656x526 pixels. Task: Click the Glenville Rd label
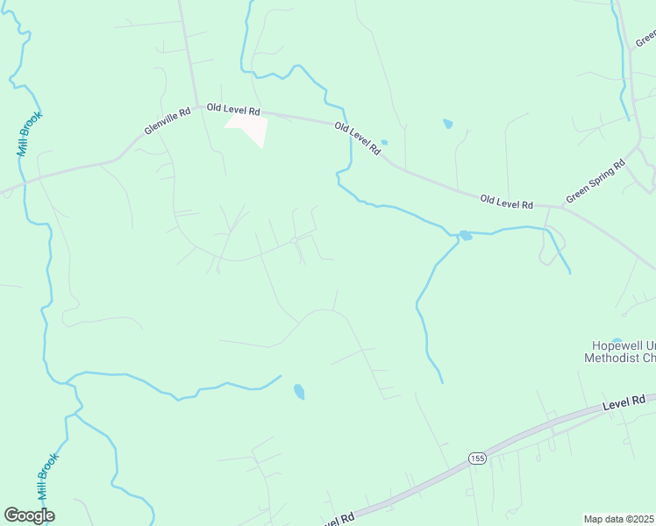coord(168,121)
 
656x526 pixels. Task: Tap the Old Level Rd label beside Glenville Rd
coord(233,110)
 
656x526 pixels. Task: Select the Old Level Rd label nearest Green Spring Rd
coord(506,203)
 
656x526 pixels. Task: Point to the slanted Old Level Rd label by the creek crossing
coord(357,139)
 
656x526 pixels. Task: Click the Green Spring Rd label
coord(595,181)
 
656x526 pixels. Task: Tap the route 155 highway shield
coord(476,458)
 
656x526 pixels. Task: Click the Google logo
coord(29,515)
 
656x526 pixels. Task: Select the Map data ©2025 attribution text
coord(619,519)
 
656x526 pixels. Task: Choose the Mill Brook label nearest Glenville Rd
coord(29,133)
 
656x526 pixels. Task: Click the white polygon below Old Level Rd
coord(249,130)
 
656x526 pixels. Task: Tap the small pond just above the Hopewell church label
coord(617,340)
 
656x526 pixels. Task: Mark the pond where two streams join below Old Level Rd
coord(465,235)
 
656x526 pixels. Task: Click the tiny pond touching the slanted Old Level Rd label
coord(383,142)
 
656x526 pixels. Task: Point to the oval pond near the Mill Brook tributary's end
coord(299,391)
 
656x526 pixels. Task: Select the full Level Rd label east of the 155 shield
coord(624,403)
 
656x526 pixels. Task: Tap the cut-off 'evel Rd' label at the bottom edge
coord(338,520)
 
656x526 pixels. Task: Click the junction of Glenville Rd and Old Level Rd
coord(196,107)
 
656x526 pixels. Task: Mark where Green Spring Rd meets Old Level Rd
coord(551,207)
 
